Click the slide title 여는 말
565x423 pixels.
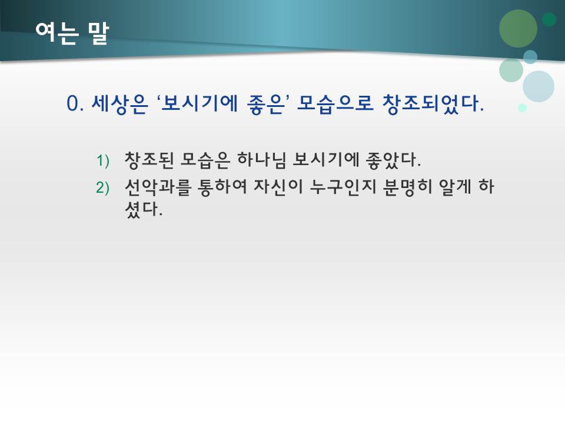tap(71, 33)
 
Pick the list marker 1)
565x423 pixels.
tap(104, 160)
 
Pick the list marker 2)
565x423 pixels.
tap(104, 187)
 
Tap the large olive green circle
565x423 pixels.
tap(519, 29)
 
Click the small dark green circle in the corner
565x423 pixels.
tap(549, 19)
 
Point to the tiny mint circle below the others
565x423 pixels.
tap(522, 108)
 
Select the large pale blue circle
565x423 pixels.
tap(539, 86)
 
